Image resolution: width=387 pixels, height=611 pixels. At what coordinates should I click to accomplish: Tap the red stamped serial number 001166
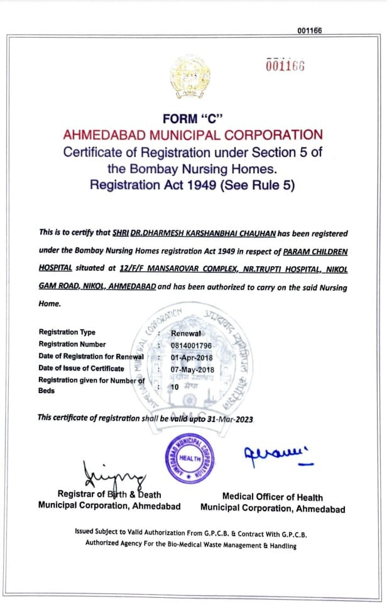pyautogui.click(x=285, y=66)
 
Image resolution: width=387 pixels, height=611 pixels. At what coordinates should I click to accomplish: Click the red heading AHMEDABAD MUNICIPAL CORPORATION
pyautogui.click(x=193, y=135)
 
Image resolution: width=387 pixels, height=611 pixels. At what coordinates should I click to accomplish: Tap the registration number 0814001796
pyautogui.click(x=192, y=345)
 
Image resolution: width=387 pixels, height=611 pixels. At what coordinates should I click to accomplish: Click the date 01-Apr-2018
pyautogui.click(x=192, y=357)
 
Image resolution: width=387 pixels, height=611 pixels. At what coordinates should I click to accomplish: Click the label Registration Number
pyautogui.click(x=72, y=345)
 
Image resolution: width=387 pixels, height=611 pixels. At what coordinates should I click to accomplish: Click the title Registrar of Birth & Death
pyautogui.click(x=109, y=494)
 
